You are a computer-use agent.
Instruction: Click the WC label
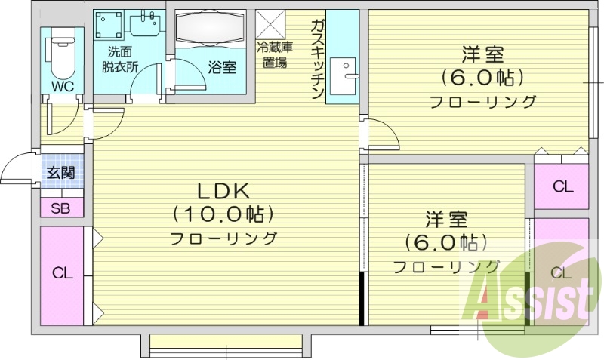pos(63,86)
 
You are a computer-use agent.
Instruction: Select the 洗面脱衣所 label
pos(120,60)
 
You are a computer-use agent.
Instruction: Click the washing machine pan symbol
pos(109,25)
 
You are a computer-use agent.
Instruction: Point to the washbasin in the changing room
pos(145,24)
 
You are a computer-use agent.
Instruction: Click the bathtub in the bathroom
pos(211,28)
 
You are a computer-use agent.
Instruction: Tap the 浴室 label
pos(222,67)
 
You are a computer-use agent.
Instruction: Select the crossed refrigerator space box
pos(270,24)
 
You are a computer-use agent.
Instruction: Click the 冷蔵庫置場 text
pos(275,54)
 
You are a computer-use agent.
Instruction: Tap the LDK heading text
pos(223,192)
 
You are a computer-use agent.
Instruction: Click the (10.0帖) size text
pos(223,214)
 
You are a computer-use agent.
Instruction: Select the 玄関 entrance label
pos(61,172)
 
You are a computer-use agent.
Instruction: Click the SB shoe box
pos(62,208)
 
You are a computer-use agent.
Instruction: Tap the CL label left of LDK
pos(63,273)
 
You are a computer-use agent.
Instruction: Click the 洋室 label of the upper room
pos(483,54)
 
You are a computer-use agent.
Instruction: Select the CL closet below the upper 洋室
pos(562,186)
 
